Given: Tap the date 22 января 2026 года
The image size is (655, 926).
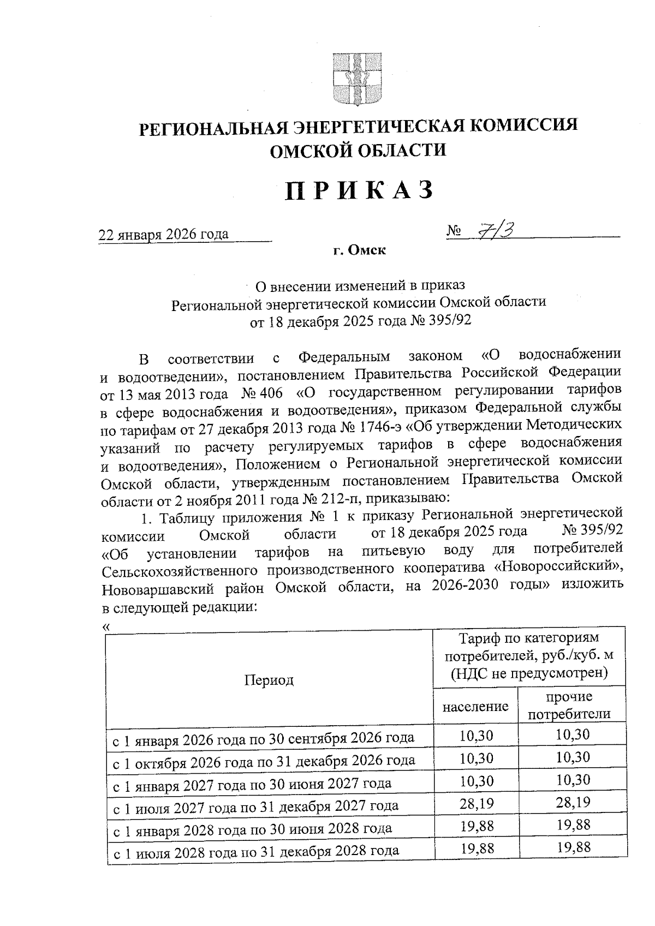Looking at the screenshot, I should (163, 234).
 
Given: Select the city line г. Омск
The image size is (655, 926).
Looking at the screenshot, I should (359, 250).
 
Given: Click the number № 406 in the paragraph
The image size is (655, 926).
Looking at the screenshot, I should (261, 392).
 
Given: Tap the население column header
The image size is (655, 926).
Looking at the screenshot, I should (475, 707).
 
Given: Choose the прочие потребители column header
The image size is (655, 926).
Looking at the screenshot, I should (569, 706).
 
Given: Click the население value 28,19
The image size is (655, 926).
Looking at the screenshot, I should (475, 803).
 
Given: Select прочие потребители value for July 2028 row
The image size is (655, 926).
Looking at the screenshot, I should (573, 847).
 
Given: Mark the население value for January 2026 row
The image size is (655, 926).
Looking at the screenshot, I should (475, 735).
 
